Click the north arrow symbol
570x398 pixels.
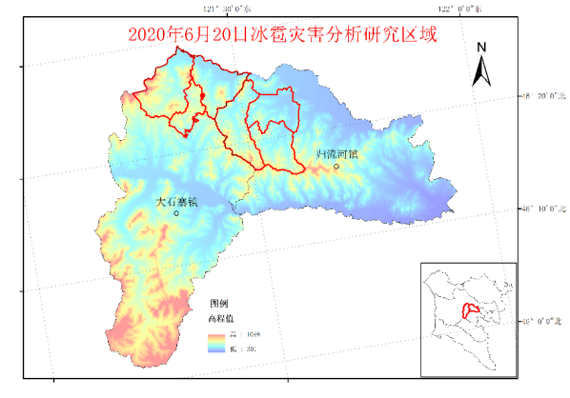click(481, 69)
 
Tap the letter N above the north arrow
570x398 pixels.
click(482, 47)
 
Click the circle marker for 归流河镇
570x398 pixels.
click(336, 167)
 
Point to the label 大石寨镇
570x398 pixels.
click(175, 201)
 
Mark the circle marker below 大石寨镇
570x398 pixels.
click(176, 213)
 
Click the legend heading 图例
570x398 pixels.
click(218, 302)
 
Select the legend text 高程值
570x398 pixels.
click(220, 317)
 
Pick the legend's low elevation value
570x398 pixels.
click(244, 349)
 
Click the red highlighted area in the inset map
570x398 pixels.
click(468, 311)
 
